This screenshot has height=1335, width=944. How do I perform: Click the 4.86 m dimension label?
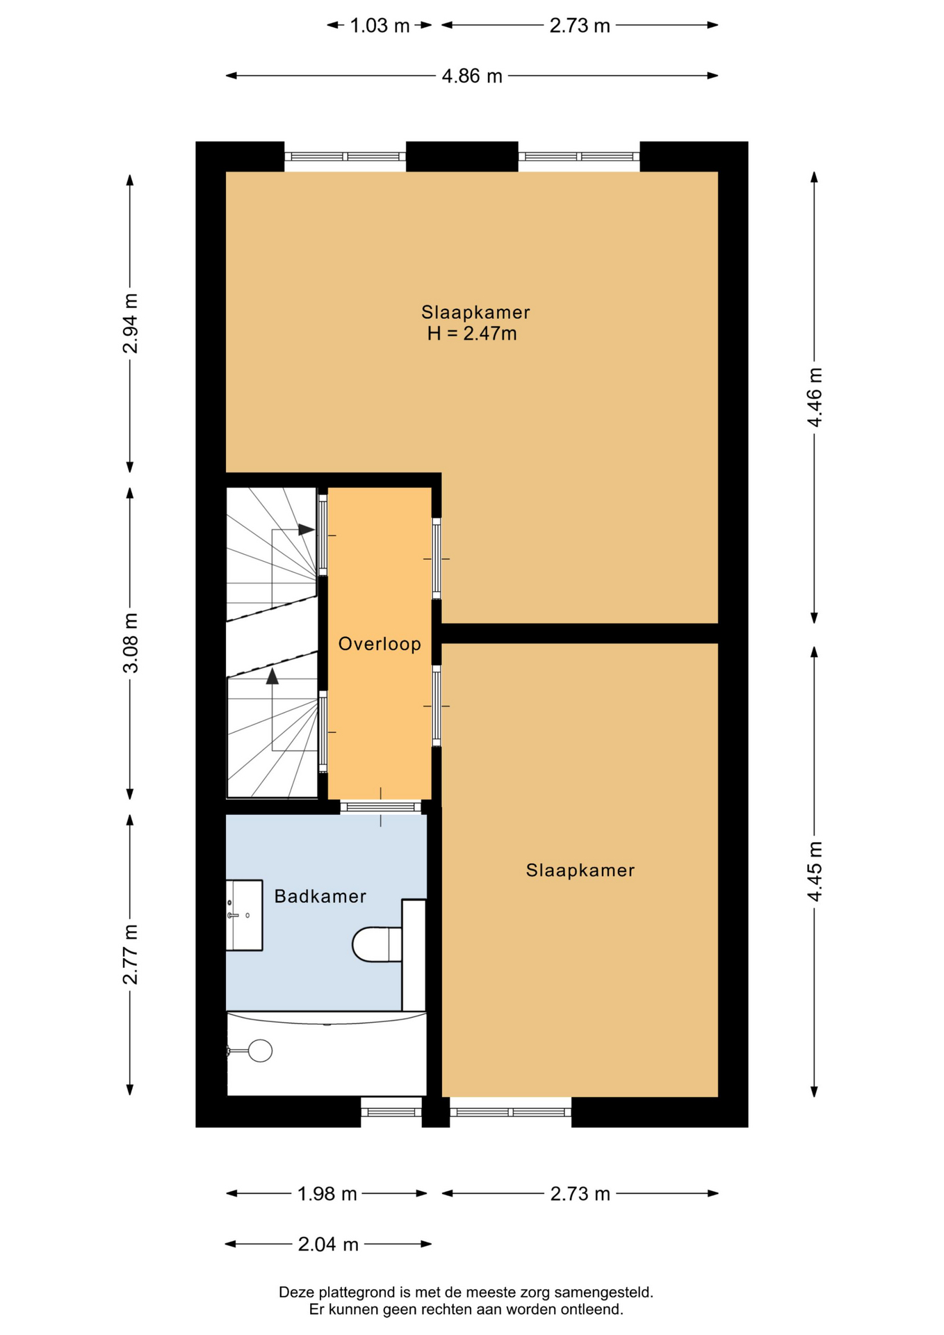coord(472,76)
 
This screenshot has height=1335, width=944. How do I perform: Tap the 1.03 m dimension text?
coord(380,26)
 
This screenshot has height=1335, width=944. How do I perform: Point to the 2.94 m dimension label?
coord(130,323)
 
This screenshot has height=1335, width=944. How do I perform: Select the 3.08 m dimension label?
coord(130,643)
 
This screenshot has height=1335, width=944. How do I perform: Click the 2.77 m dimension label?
coord(130,955)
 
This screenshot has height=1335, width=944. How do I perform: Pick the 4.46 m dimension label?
coord(814,397)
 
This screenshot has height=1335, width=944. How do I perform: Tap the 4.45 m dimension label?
coord(814,871)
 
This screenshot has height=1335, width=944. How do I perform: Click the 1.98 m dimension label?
coord(327,1194)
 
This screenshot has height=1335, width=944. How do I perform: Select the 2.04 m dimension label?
coord(328,1244)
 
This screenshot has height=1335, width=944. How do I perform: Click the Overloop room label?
coord(380,644)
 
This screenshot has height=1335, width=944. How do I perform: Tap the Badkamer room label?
coord(320,896)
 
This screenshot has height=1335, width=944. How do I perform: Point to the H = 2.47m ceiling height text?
coord(472,334)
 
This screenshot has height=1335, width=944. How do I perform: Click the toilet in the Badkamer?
coord(377,944)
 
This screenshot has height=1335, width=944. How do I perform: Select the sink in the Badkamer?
coord(244,915)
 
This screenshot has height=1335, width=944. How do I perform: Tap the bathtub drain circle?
coord(261,1051)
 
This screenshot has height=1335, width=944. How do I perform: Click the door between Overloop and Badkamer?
coord(381,807)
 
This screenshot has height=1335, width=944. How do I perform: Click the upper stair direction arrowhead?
coord(307,530)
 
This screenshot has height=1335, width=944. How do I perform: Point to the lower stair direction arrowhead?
coord(272,676)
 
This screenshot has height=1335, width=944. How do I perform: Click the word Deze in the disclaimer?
coord(297,1293)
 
